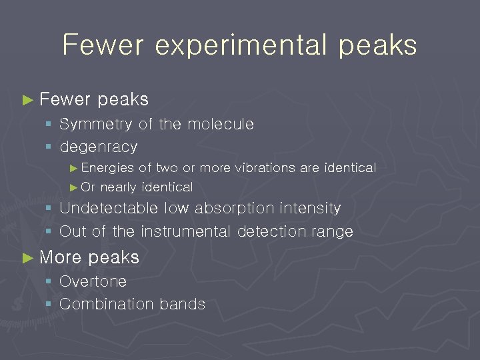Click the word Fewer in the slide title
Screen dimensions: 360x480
[x=103, y=45]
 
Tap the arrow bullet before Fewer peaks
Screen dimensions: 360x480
[x=27, y=100]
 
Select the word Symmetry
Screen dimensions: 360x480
[x=97, y=125]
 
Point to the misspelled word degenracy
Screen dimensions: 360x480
[x=99, y=147]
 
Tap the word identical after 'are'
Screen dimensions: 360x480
[x=350, y=168]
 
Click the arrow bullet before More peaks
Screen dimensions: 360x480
[x=27, y=258]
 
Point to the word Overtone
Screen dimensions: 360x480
[x=93, y=281]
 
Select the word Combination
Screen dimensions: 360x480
[x=99, y=304]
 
